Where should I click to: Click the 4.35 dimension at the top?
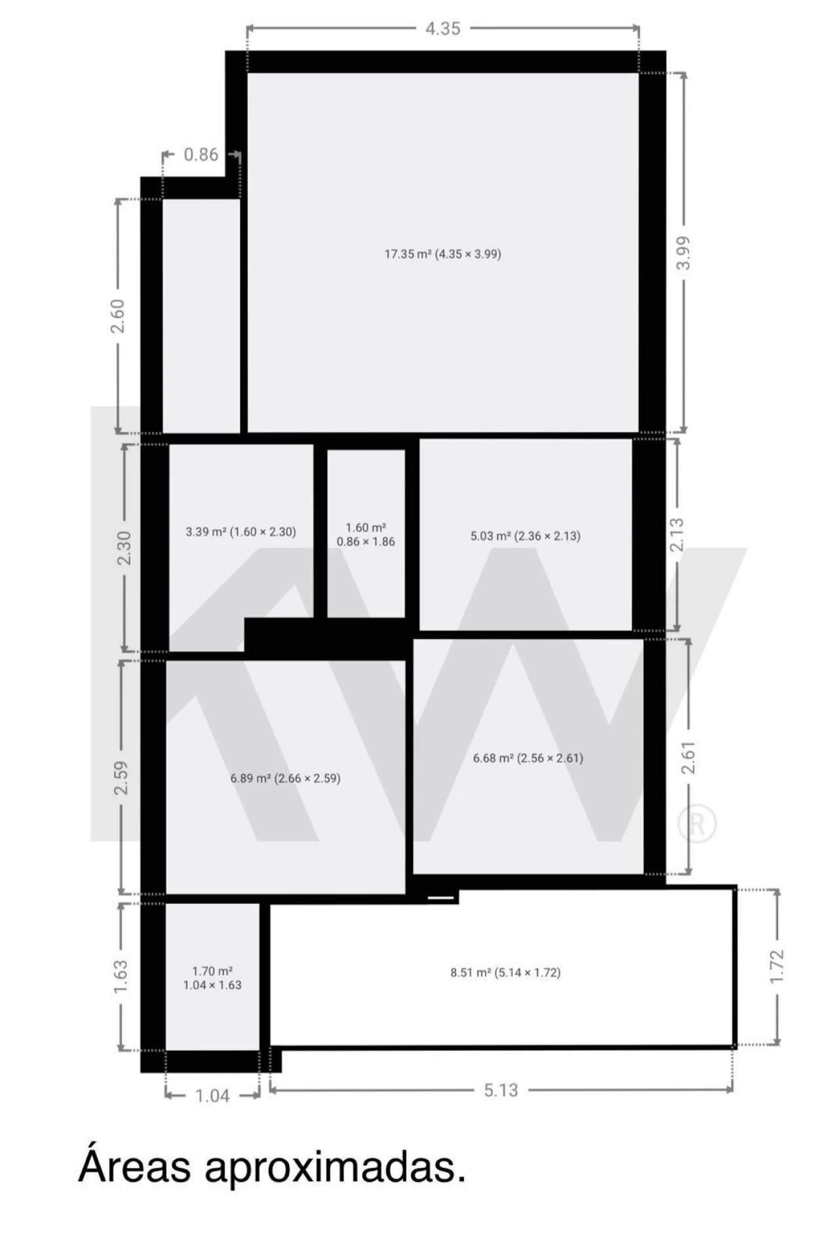(443, 29)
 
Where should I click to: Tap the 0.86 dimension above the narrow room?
(201, 155)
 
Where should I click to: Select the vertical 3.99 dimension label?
(683, 253)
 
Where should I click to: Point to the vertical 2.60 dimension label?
(117, 316)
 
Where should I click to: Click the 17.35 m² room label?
(442, 254)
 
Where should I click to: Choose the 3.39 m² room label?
(241, 532)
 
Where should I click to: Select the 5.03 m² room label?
(525, 536)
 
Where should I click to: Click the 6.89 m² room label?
(285, 778)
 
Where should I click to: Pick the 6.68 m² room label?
(528, 758)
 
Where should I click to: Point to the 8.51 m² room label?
(505, 972)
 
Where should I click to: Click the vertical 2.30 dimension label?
(124, 548)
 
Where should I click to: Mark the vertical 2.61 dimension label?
(688, 758)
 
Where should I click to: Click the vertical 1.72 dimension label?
(776, 966)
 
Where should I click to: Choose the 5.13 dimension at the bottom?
(501, 1090)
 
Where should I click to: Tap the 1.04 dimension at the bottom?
(212, 1095)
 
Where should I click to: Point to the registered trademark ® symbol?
(697, 823)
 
